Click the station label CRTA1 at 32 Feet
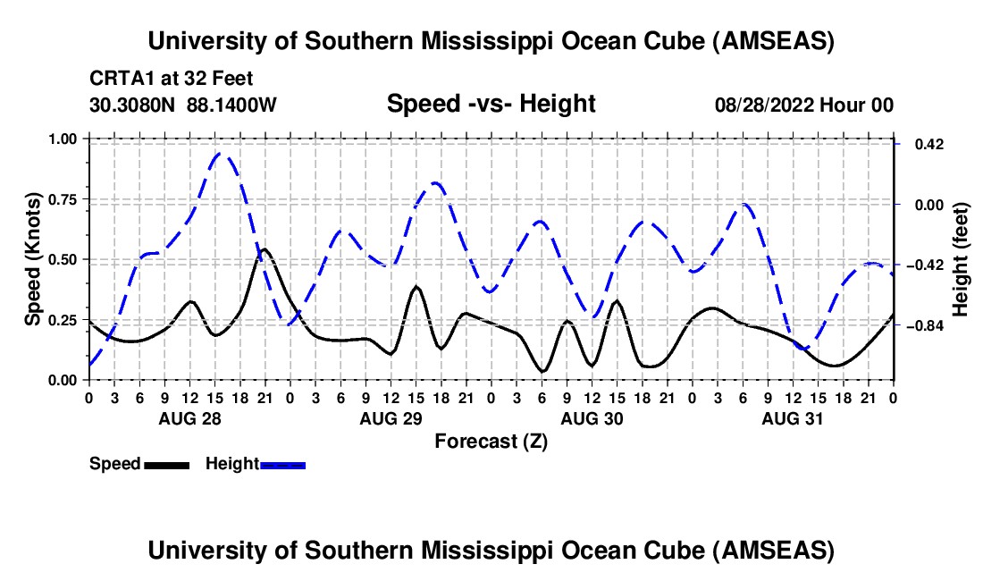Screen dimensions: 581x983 pyautogui.click(x=177, y=78)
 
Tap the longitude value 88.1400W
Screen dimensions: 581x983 pyautogui.click(x=232, y=105)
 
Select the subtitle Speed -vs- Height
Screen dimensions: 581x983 pyautogui.click(x=491, y=104)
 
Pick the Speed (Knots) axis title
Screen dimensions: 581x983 pyautogui.click(x=33, y=259)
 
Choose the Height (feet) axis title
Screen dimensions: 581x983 pyautogui.click(x=961, y=259)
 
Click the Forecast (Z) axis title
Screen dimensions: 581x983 pyautogui.click(x=491, y=441)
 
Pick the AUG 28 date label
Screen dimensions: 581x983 pyautogui.click(x=189, y=418)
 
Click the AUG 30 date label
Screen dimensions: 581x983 pyautogui.click(x=592, y=418)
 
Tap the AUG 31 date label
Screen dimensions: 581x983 pyautogui.click(x=793, y=418)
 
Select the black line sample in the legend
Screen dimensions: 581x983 pyautogui.click(x=165, y=464)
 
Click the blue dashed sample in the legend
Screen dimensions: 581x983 pyautogui.click(x=282, y=464)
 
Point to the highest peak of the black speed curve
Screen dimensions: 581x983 pyautogui.click(x=265, y=249)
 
